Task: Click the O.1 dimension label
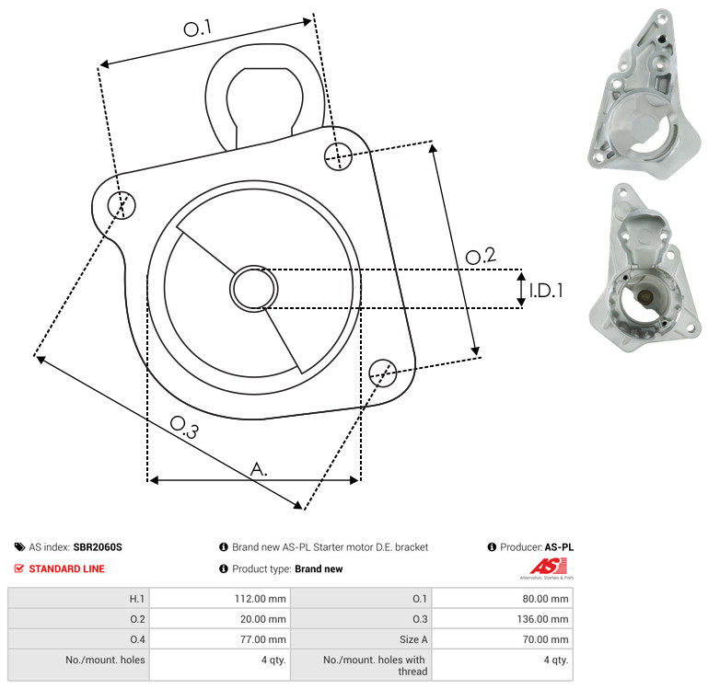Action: point(197,28)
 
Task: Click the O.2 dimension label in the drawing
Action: point(481,256)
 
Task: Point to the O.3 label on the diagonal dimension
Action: point(184,427)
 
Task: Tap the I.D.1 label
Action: point(546,291)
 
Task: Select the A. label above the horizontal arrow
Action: point(259,469)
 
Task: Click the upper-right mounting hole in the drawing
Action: point(338,156)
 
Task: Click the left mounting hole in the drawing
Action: point(122,205)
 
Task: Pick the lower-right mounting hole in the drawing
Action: point(383,373)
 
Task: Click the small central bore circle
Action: point(254,289)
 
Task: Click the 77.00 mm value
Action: point(262,639)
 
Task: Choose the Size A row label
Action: point(413,639)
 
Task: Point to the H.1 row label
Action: point(137,599)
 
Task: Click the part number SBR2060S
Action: point(98,546)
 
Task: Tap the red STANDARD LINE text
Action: point(67,568)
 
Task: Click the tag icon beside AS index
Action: point(19,546)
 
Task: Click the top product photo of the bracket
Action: point(644,94)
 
